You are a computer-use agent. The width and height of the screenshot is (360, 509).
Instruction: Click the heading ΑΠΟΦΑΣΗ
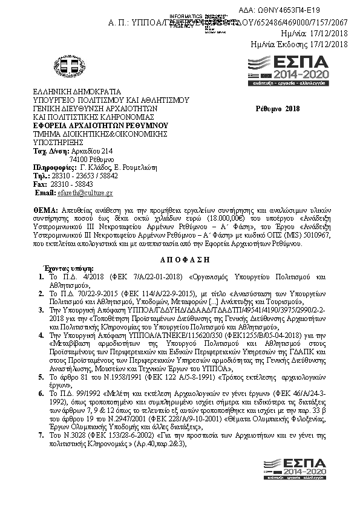(x=180, y=257)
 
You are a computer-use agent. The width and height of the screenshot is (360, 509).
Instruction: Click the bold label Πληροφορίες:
(x=54, y=167)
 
